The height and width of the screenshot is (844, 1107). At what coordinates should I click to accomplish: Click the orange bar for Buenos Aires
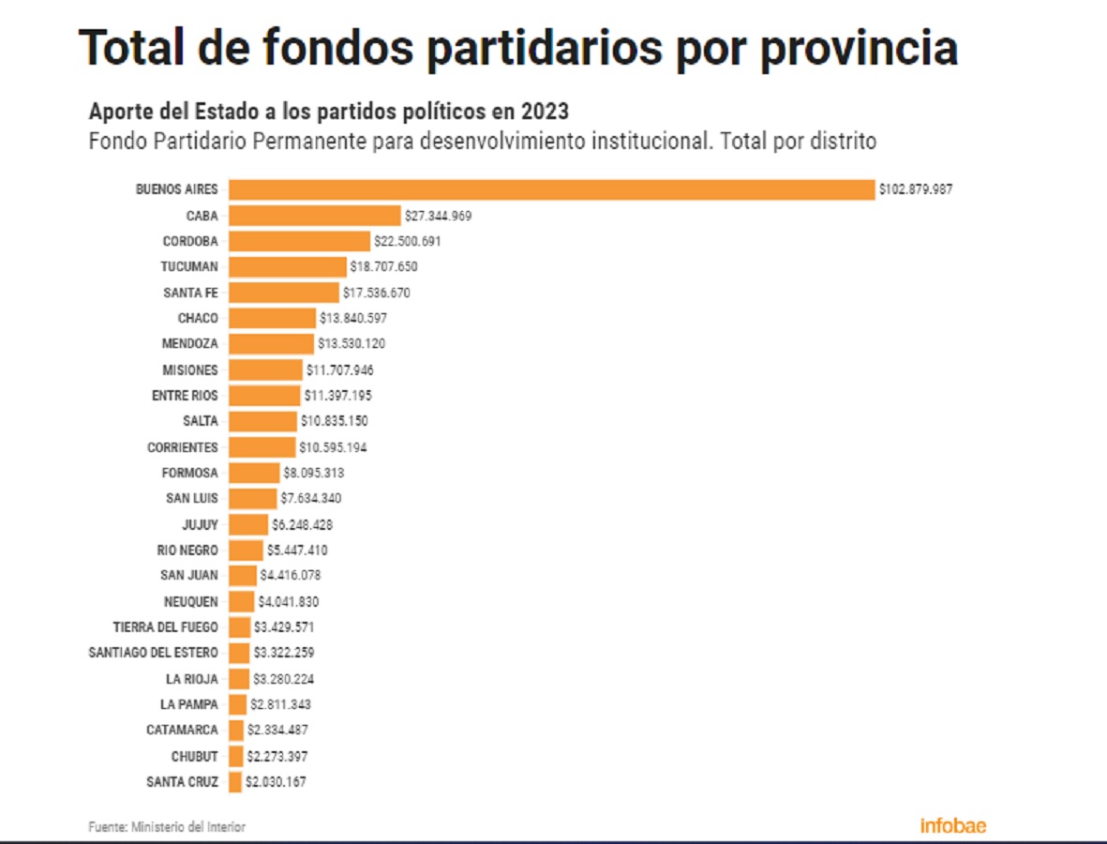point(552,189)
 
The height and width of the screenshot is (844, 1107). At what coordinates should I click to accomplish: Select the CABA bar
point(315,216)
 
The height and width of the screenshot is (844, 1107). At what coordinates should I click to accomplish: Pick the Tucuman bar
point(288,267)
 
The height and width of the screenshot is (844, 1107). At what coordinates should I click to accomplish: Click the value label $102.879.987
point(916,189)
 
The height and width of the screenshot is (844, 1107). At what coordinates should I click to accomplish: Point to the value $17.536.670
point(376,293)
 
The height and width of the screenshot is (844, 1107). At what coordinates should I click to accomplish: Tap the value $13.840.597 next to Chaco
point(353,319)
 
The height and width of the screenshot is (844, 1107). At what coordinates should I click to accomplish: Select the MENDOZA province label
point(190,344)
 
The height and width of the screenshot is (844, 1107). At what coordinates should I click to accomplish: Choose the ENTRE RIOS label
point(185,396)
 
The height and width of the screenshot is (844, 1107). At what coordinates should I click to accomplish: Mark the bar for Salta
point(262,421)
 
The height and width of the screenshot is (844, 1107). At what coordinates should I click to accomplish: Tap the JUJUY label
point(200,525)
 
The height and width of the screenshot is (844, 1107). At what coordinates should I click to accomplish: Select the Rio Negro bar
point(246,550)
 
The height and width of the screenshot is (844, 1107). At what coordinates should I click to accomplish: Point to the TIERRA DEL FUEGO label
point(166,627)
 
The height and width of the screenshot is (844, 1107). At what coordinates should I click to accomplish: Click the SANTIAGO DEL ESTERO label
point(153,653)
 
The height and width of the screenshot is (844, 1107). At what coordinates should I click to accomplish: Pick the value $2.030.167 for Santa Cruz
point(276,781)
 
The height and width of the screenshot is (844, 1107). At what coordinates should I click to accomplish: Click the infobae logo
point(952,826)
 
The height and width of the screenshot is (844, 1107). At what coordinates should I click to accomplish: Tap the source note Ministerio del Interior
point(188,827)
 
